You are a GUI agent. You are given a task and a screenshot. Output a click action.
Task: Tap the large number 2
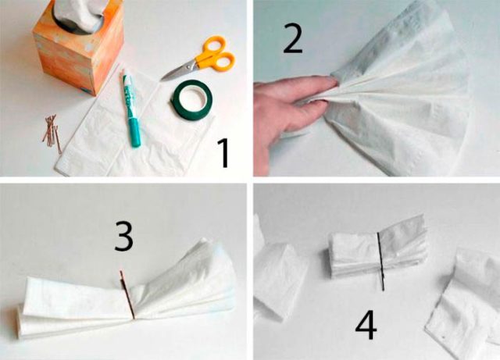click(292, 39)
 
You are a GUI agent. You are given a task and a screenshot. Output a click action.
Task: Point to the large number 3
click(123, 237)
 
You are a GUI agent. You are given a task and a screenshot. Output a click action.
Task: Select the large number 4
click(366, 325)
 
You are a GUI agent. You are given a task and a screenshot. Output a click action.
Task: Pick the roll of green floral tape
click(193, 100)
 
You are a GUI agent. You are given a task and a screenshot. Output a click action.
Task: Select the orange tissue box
click(78, 48)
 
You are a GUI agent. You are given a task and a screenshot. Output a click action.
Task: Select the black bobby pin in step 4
click(380, 262)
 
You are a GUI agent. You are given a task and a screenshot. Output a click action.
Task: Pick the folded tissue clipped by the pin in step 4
click(378, 252)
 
